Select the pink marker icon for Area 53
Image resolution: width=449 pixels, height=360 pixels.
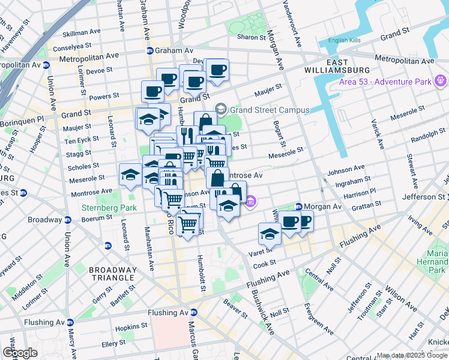441,80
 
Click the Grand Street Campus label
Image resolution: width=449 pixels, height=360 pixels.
270,110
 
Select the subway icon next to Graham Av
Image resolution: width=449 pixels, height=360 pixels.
149,51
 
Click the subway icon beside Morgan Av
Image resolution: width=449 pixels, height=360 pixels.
298,206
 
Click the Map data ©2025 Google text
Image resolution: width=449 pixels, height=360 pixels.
412,355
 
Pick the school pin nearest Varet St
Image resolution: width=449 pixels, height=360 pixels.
270,234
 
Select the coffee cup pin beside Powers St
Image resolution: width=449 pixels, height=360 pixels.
152,91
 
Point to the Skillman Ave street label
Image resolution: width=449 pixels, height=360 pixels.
82,32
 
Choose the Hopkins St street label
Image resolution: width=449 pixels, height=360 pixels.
131,327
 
